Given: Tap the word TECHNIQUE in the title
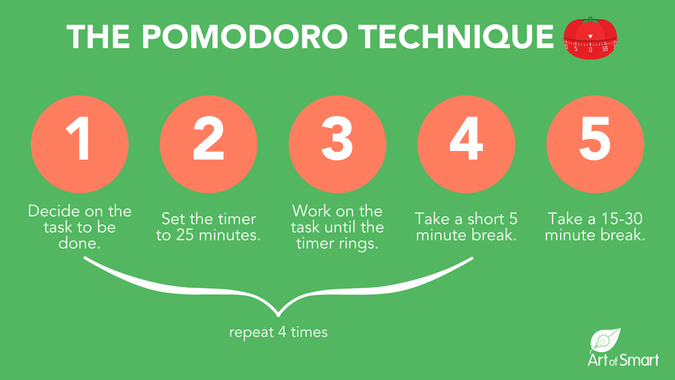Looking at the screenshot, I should (456, 37).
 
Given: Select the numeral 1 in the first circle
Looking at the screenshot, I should (79, 139).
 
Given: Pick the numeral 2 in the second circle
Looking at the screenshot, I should (209, 139).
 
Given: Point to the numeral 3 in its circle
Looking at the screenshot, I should (337, 139).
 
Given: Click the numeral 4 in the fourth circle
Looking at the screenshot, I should (466, 139).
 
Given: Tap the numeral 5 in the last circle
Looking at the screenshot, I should (595, 139).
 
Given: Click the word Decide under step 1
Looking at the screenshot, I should (54, 211).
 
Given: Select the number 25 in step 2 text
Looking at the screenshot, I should (185, 235).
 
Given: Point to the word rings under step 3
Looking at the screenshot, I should (358, 244).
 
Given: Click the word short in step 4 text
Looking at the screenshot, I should (486, 219).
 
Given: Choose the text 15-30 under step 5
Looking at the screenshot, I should (622, 219).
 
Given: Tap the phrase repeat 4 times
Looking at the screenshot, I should (278, 332).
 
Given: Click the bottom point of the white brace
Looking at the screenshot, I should (279, 314).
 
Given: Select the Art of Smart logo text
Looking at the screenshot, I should (623, 360).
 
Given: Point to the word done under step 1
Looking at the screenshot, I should (79, 243).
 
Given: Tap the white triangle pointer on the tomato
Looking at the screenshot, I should (590, 37).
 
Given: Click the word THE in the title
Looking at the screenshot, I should (98, 37).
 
